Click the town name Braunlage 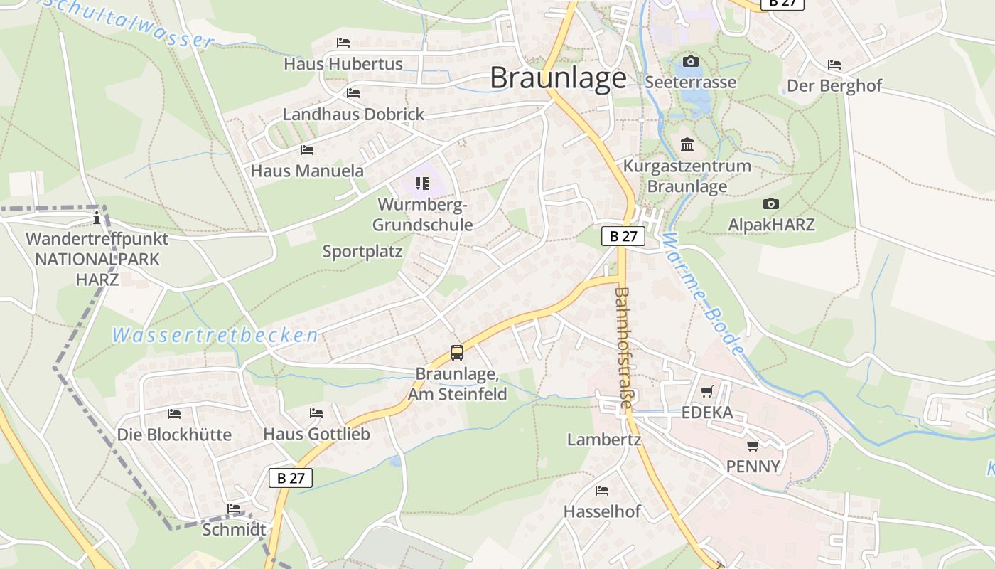(x=558, y=78)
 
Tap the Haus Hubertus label (x=343, y=64)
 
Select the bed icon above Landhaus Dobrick (x=353, y=93)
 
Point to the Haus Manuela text (x=307, y=171)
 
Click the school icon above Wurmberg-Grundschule (x=422, y=184)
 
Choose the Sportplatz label (x=362, y=251)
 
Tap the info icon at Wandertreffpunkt (x=97, y=218)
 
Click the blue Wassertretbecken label (x=215, y=335)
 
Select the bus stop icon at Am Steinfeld (x=457, y=353)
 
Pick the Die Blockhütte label (x=174, y=435)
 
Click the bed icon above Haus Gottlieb (x=316, y=413)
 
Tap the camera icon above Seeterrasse (x=690, y=62)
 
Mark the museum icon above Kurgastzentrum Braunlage (x=687, y=145)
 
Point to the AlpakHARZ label (x=771, y=225)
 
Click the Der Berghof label (x=834, y=86)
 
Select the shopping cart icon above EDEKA (x=706, y=392)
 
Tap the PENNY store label (x=753, y=467)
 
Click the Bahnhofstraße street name (x=623, y=347)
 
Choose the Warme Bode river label (x=701, y=292)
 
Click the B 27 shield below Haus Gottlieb (x=291, y=477)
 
